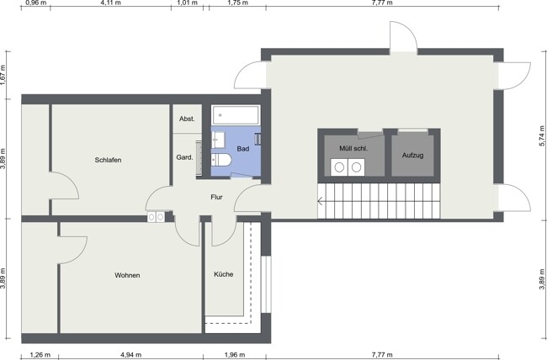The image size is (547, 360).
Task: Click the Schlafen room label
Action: click(x=109, y=160)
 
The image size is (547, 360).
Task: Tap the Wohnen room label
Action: click(x=127, y=275)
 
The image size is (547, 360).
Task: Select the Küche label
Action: click(x=224, y=274)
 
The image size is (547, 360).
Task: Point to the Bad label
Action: click(x=243, y=149)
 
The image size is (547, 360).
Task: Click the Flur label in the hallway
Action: click(x=216, y=197)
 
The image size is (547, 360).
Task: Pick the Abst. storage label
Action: click(x=187, y=119)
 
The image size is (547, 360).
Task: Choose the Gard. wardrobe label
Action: click(x=184, y=157)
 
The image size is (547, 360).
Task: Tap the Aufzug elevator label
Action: click(x=412, y=156)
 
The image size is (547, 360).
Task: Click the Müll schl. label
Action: click(x=353, y=148)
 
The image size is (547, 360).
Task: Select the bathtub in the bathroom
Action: click(x=236, y=114)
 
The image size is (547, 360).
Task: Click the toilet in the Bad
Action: click(x=221, y=160)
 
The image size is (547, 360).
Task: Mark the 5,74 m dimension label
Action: click(x=542, y=136)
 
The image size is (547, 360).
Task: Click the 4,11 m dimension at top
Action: click(x=110, y=3)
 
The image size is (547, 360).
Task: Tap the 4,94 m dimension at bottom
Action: click(x=130, y=355)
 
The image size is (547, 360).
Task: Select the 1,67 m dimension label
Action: click(x=3, y=75)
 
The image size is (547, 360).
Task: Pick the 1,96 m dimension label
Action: click(x=235, y=355)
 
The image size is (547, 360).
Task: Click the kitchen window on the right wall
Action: click(x=266, y=284)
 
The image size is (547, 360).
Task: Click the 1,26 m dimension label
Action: click(x=40, y=355)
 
